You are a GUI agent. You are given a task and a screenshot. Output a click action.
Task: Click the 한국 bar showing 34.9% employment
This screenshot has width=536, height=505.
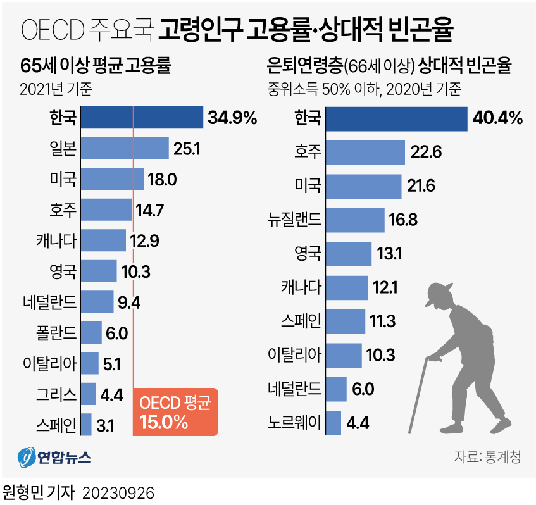(x=143, y=118)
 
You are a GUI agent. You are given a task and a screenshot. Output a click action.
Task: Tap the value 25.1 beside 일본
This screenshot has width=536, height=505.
(x=187, y=149)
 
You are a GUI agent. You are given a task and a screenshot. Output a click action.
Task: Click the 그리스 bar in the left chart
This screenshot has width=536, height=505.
(x=89, y=394)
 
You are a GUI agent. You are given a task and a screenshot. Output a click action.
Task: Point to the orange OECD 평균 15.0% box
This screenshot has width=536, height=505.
(x=175, y=412)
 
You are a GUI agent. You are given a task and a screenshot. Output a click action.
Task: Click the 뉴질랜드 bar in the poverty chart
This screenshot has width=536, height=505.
(x=355, y=220)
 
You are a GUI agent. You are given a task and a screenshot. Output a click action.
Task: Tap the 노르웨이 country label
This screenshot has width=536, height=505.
(x=296, y=422)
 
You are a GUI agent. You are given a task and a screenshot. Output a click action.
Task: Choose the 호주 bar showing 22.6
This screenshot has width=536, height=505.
(x=365, y=153)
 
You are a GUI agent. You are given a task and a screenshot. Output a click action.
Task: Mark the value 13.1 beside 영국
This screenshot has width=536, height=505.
(x=389, y=254)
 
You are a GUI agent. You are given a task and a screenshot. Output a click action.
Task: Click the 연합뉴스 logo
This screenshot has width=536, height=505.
(x=54, y=456)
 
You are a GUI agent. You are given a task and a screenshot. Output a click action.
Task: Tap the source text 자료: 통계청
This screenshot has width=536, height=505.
(x=487, y=457)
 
